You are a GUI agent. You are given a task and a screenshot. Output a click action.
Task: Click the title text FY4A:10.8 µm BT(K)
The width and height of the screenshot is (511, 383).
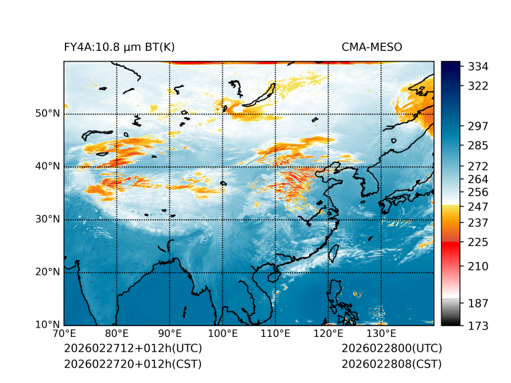coord(119,47)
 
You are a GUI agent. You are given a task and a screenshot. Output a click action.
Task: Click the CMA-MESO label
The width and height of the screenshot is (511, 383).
coord(372,47)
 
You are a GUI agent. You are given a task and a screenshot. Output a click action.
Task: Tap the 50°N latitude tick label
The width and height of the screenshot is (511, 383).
coord(47,114)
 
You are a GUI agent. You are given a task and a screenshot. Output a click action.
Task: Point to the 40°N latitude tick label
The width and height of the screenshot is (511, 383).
coord(47,166)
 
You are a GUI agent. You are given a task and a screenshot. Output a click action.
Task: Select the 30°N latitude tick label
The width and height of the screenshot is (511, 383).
coord(47,219)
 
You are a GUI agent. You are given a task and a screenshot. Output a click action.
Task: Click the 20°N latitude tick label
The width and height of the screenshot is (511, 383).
coord(47,272)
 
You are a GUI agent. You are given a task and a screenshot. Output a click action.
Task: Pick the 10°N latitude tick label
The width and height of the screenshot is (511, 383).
coord(47,325)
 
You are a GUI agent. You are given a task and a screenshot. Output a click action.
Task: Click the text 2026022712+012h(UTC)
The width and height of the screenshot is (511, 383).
coord(132,349)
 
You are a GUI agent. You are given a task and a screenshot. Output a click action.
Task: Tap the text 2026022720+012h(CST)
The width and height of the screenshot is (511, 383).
coord(132,364)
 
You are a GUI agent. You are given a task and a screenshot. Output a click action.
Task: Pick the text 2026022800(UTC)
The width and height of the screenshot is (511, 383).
coord(391,349)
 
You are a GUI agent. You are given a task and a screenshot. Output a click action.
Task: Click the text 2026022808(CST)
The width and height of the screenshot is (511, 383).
coord(391,364)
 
